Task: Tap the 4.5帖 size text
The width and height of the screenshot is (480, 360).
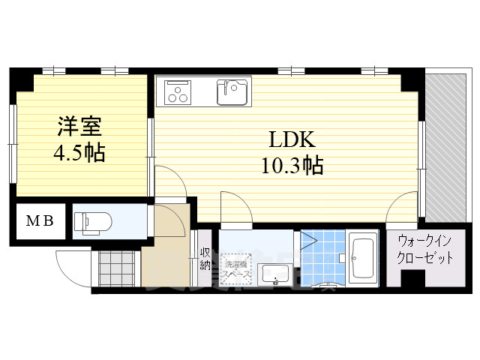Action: pyautogui.click(x=79, y=152)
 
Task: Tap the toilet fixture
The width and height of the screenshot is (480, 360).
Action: pyautogui.click(x=93, y=222)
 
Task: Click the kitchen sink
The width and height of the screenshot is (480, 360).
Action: pyautogui.click(x=233, y=91)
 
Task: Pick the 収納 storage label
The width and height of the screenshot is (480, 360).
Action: pyautogui.click(x=205, y=259)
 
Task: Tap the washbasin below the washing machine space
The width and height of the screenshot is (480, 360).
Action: pyautogui.click(x=274, y=276)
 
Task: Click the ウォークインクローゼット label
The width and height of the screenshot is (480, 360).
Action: pyautogui.click(x=425, y=250)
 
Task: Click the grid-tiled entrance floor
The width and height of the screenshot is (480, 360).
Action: pyautogui.click(x=115, y=267)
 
